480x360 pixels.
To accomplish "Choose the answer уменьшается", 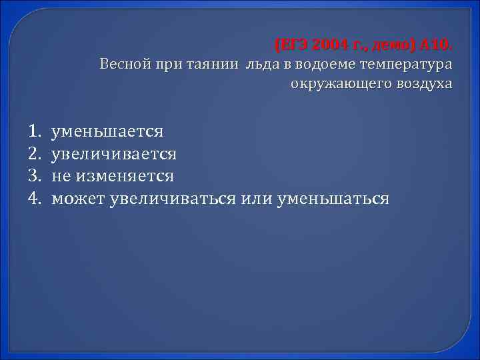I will [x=107, y=131].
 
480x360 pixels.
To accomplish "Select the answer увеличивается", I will [x=115, y=154].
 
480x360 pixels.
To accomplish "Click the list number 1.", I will [x=35, y=131].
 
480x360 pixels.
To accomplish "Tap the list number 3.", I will [x=35, y=176].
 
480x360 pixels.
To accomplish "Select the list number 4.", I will [x=35, y=198].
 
